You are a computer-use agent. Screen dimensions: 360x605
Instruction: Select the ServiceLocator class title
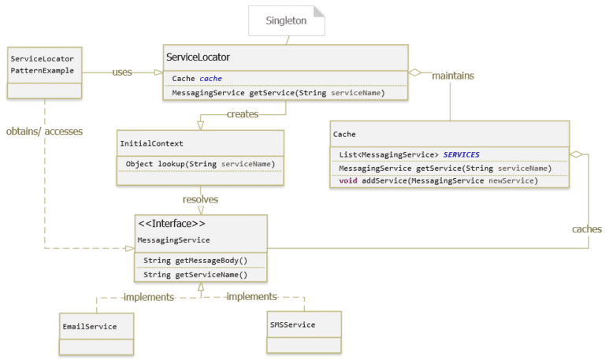[198, 58]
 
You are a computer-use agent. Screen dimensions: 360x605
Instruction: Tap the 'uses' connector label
[121, 72]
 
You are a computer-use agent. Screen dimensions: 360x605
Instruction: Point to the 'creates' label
[243, 115]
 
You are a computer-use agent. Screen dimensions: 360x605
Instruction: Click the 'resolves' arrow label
[200, 199]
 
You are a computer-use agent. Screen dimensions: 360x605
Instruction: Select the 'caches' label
[586, 229]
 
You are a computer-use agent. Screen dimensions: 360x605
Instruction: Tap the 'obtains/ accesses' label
[44, 130]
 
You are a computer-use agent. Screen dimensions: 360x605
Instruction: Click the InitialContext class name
[151, 143]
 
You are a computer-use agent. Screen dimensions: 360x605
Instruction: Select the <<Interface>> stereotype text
[173, 224]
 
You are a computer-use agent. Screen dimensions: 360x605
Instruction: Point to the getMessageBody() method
[195, 260]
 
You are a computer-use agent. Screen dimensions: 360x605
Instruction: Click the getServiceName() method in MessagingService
[195, 274]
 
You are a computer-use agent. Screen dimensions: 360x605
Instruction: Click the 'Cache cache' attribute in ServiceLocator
[197, 78]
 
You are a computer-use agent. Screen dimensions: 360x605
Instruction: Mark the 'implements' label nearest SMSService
[251, 296]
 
